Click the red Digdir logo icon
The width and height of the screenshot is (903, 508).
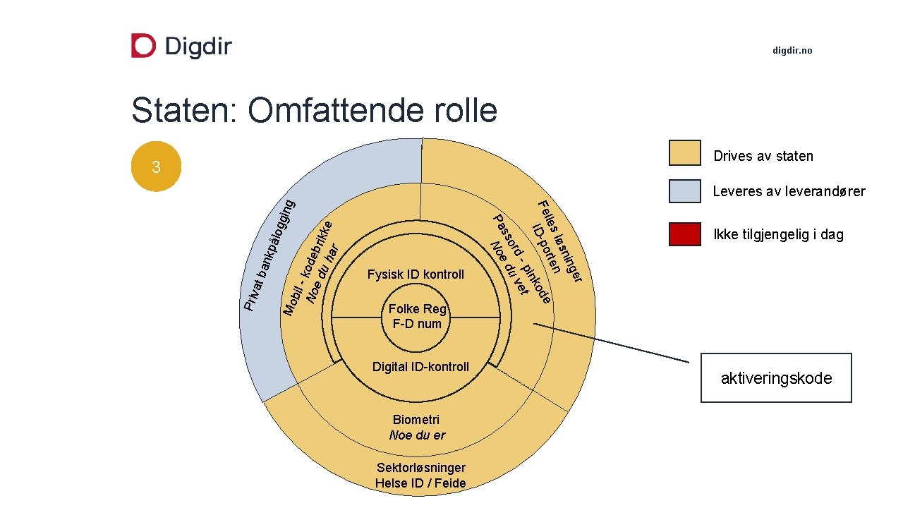143,46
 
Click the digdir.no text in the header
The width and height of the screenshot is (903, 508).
792,51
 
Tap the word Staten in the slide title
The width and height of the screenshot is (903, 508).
183,111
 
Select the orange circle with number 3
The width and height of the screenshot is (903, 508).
157,167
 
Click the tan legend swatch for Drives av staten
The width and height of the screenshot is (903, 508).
684,153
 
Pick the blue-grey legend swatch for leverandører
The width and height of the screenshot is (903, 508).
684,191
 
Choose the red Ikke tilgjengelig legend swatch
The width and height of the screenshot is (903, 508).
684,234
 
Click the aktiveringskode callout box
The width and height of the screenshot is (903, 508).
776,378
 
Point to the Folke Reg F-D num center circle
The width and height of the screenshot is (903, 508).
417,316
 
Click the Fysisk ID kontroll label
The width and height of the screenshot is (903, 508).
416,274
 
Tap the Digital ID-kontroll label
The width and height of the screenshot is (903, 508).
420,367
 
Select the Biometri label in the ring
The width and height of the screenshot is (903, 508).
416,421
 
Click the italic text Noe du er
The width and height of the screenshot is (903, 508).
417,435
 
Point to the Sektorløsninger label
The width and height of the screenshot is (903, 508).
421,468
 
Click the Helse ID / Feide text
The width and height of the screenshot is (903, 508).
420,483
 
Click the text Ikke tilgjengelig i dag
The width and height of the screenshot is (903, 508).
778,235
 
